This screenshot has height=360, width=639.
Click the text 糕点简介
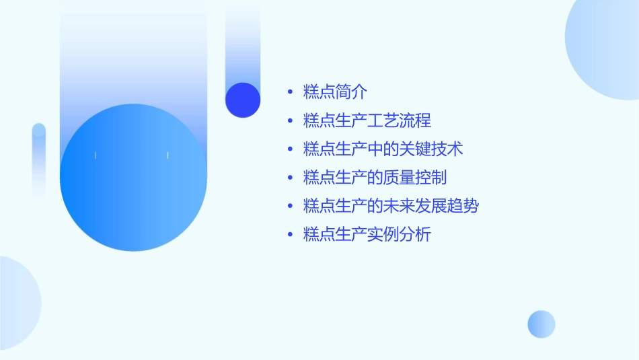pos(335,92)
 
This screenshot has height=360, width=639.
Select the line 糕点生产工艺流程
pos(367,121)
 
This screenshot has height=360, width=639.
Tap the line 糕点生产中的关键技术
pos(383,149)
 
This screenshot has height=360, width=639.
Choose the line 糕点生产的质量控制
pos(375,178)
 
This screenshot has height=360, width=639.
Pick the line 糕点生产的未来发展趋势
pos(391,206)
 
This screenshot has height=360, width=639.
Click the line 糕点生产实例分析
pos(367,235)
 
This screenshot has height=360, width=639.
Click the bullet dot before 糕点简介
pos(290,93)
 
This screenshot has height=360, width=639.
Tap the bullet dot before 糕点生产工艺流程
pos(290,121)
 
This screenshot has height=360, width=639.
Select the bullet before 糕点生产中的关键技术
pos(290,149)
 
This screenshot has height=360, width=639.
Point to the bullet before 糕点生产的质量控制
pos(290,178)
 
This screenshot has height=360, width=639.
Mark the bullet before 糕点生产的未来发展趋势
pos(290,207)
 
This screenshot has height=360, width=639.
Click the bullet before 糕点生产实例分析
pos(290,235)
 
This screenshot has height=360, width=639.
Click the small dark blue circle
pos(243,100)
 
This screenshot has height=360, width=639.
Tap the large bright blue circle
pos(133,178)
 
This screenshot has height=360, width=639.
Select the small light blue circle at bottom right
pos(541,324)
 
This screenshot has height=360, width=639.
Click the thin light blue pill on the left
pos(38,161)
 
